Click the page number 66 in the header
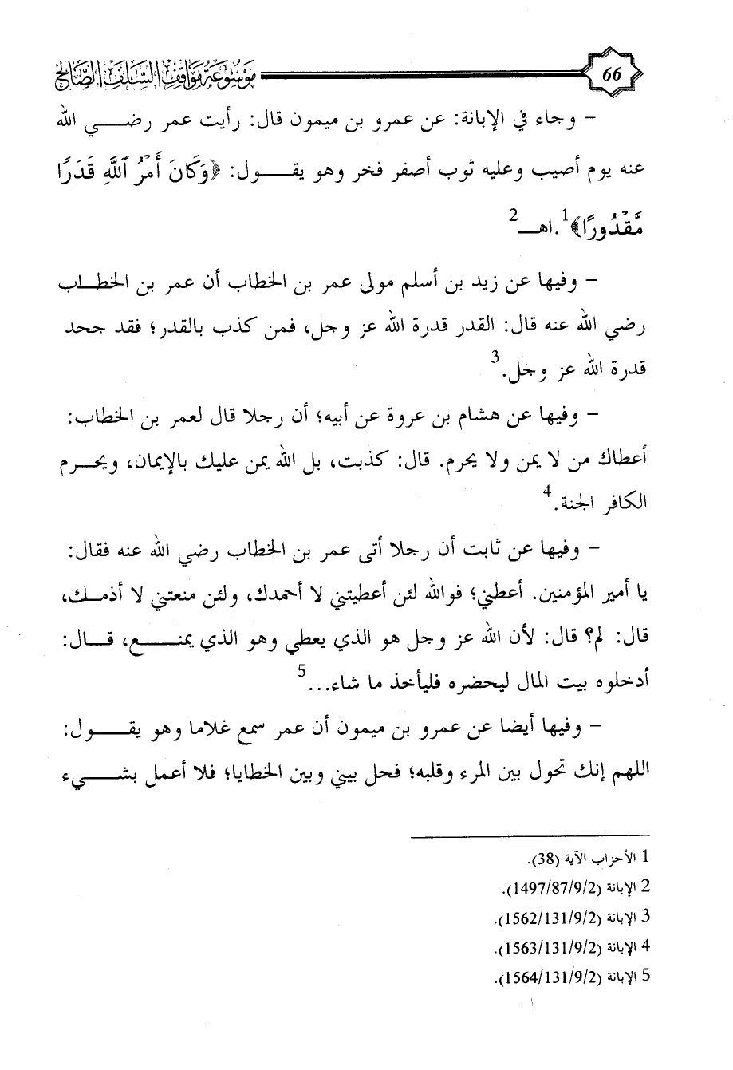point(612,76)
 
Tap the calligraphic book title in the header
point(167,77)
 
